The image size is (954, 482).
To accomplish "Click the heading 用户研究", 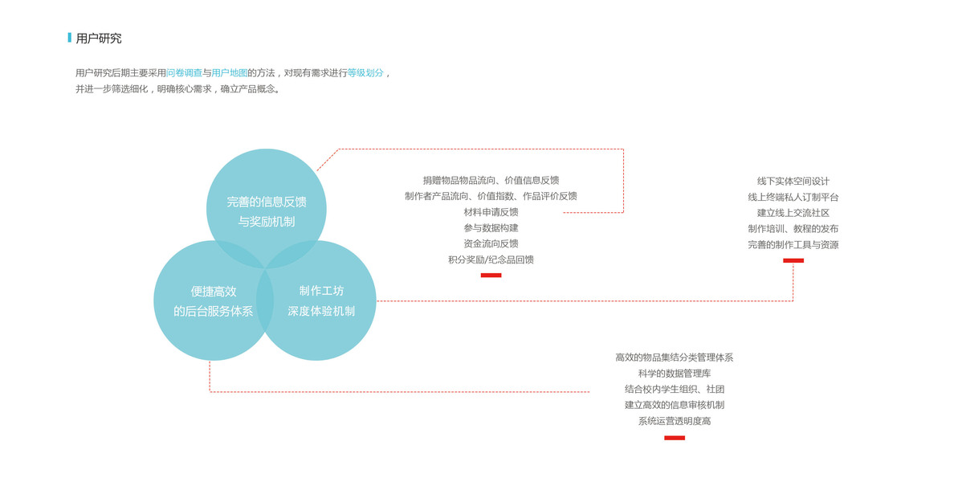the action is pyautogui.click(x=99, y=39).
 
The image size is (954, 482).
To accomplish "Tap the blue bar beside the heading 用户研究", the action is pyautogui.click(x=70, y=38).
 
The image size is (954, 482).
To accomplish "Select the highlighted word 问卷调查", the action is pyautogui.click(x=184, y=73).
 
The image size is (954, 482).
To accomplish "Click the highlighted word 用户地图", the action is pyautogui.click(x=229, y=73).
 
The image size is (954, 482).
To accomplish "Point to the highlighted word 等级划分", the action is pyautogui.click(x=365, y=73).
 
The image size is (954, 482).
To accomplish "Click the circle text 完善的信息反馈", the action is pyautogui.click(x=267, y=202).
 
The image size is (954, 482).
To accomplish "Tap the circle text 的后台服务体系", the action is pyautogui.click(x=214, y=311).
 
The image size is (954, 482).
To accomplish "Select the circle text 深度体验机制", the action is pyautogui.click(x=321, y=311).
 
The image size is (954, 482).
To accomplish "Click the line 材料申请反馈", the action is pyautogui.click(x=491, y=212).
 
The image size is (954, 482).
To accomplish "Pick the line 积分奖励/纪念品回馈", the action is pyautogui.click(x=491, y=259).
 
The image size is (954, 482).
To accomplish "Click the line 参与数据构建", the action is pyautogui.click(x=491, y=228).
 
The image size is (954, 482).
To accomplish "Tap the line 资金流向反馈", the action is pyautogui.click(x=491, y=243).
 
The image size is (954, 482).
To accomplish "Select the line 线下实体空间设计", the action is pyautogui.click(x=793, y=182).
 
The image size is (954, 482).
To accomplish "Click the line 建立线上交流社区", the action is pyautogui.click(x=793, y=213).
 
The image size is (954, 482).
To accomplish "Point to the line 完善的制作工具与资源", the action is pyautogui.click(x=793, y=245).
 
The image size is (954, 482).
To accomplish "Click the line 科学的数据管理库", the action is pyautogui.click(x=675, y=374).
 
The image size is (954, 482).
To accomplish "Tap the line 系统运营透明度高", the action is pyautogui.click(x=675, y=421).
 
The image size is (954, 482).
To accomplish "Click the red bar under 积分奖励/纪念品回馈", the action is pyautogui.click(x=491, y=276).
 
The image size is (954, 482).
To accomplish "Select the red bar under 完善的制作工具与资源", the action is pyautogui.click(x=793, y=260).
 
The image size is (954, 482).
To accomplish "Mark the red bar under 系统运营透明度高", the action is pyautogui.click(x=675, y=438).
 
